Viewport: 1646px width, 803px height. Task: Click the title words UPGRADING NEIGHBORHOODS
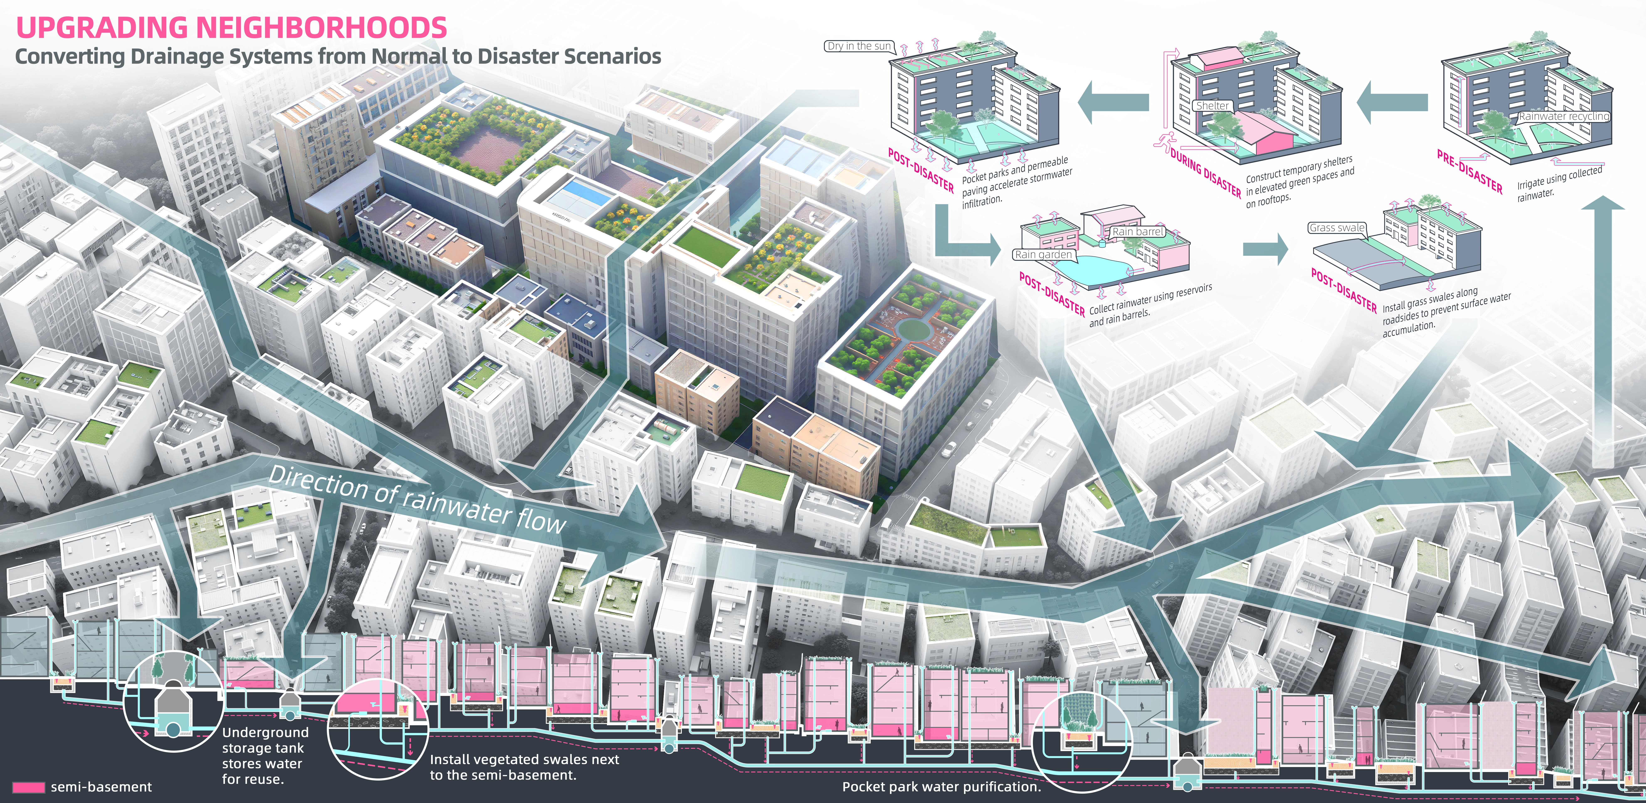tap(231, 27)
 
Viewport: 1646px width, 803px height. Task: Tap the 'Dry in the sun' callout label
tap(859, 46)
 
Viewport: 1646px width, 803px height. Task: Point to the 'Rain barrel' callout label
tap(1138, 231)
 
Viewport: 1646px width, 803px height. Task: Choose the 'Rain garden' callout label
tap(1043, 254)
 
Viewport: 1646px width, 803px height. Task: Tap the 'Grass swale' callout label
tap(1337, 227)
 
